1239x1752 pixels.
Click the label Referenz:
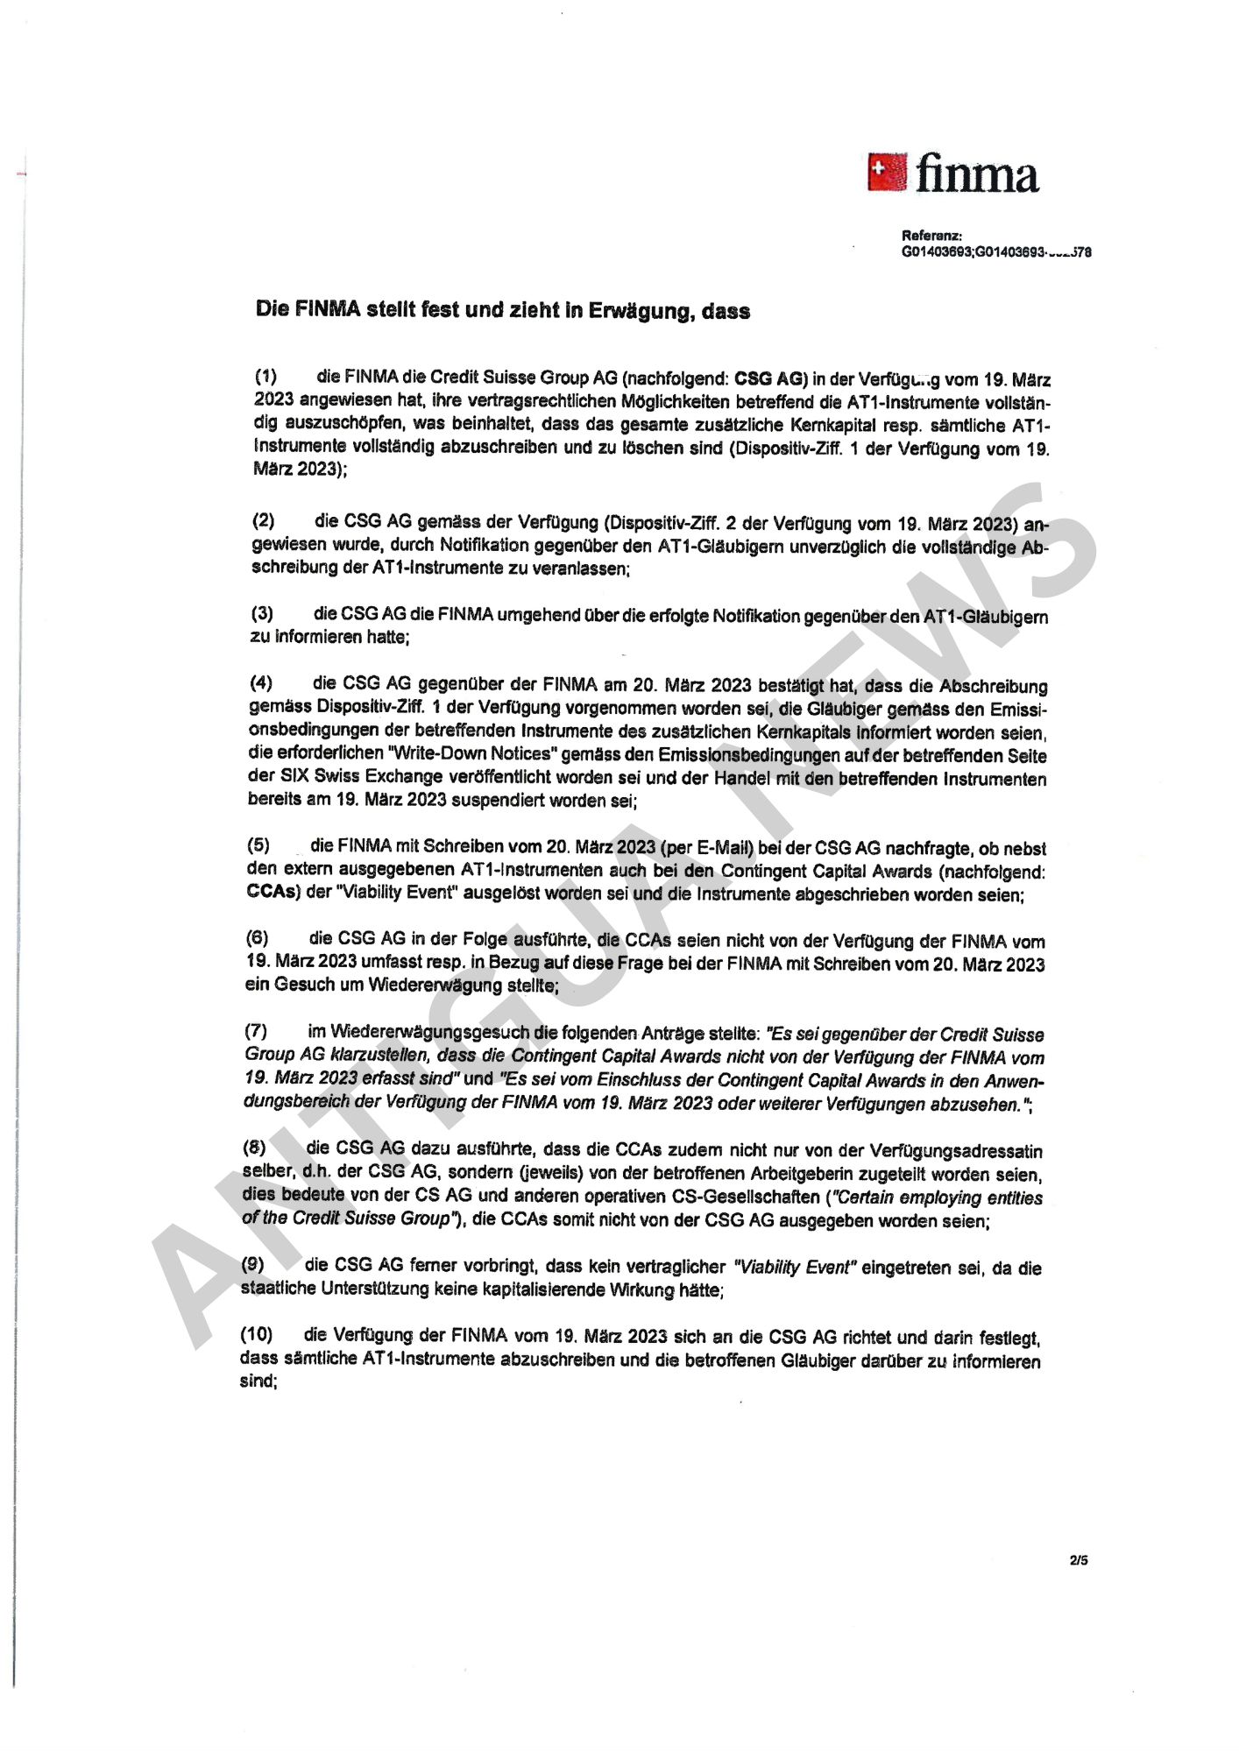pyautogui.click(x=931, y=236)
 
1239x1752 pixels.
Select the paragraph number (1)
pyautogui.click(x=265, y=377)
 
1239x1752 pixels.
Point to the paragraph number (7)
pyautogui.click(x=256, y=1031)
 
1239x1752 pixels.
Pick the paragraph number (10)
pyautogui.click(x=256, y=1334)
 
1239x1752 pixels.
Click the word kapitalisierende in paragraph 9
pyautogui.click(x=513, y=1289)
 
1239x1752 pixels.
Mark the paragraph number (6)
pyautogui.click(x=257, y=938)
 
